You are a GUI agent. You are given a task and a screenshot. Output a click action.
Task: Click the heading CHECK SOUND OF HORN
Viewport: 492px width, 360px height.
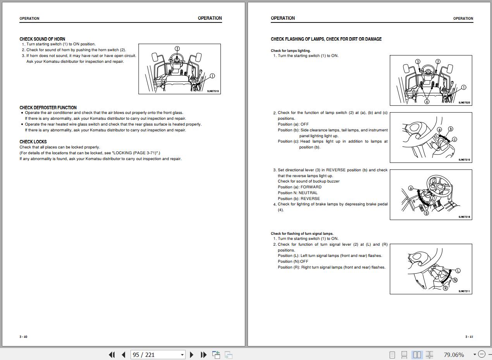tap(42, 39)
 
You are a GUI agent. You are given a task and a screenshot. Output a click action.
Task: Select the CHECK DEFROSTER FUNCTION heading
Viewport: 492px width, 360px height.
tap(48, 108)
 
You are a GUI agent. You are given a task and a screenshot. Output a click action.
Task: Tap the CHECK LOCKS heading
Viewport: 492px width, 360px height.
tap(33, 142)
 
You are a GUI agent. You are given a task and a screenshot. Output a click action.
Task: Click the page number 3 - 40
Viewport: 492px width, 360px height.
tap(23, 337)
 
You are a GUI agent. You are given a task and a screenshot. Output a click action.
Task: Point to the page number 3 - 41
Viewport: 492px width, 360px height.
tap(469, 337)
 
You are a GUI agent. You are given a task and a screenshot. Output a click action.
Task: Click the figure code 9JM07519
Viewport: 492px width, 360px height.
tap(213, 91)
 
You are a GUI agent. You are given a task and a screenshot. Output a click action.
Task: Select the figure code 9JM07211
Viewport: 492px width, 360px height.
tap(464, 291)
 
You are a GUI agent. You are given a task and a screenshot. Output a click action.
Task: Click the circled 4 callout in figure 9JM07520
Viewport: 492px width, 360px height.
tap(427, 102)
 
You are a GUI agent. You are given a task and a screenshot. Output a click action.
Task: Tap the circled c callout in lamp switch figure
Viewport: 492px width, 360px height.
tap(454, 139)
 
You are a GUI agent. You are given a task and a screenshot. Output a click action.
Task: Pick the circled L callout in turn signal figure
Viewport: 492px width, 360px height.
tap(458, 270)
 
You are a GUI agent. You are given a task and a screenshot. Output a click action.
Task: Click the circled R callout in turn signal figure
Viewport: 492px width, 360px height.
tap(446, 288)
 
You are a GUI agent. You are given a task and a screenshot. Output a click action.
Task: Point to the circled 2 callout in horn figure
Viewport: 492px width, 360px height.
tap(177, 48)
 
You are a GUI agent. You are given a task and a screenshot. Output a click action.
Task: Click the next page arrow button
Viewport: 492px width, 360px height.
tap(191, 355)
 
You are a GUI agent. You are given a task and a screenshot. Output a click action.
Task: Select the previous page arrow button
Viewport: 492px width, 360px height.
tap(124, 355)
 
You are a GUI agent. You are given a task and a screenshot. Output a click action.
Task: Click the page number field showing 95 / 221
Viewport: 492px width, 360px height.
tap(158, 355)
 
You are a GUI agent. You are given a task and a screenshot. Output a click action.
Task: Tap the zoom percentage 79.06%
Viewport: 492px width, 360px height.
tap(454, 355)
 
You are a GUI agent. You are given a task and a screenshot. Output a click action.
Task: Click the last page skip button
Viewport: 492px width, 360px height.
tap(204, 355)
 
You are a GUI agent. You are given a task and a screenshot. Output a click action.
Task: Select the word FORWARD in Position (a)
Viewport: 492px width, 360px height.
tap(311, 187)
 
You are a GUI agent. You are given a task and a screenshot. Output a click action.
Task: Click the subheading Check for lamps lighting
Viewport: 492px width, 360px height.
tap(291, 50)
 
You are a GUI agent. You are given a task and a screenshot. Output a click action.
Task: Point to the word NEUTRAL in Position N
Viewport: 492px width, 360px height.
tap(308, 193)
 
